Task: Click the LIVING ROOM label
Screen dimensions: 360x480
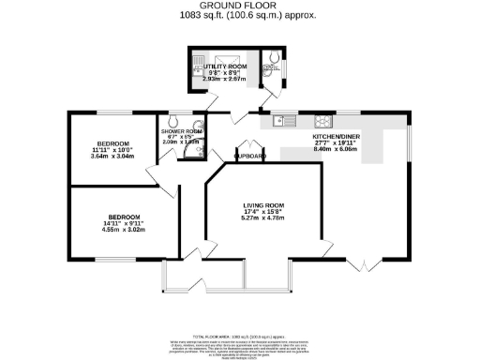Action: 263,205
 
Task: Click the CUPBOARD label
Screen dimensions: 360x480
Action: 249,157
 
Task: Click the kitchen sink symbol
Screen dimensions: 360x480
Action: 282,120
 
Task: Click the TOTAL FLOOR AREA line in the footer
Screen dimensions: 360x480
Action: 240,335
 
